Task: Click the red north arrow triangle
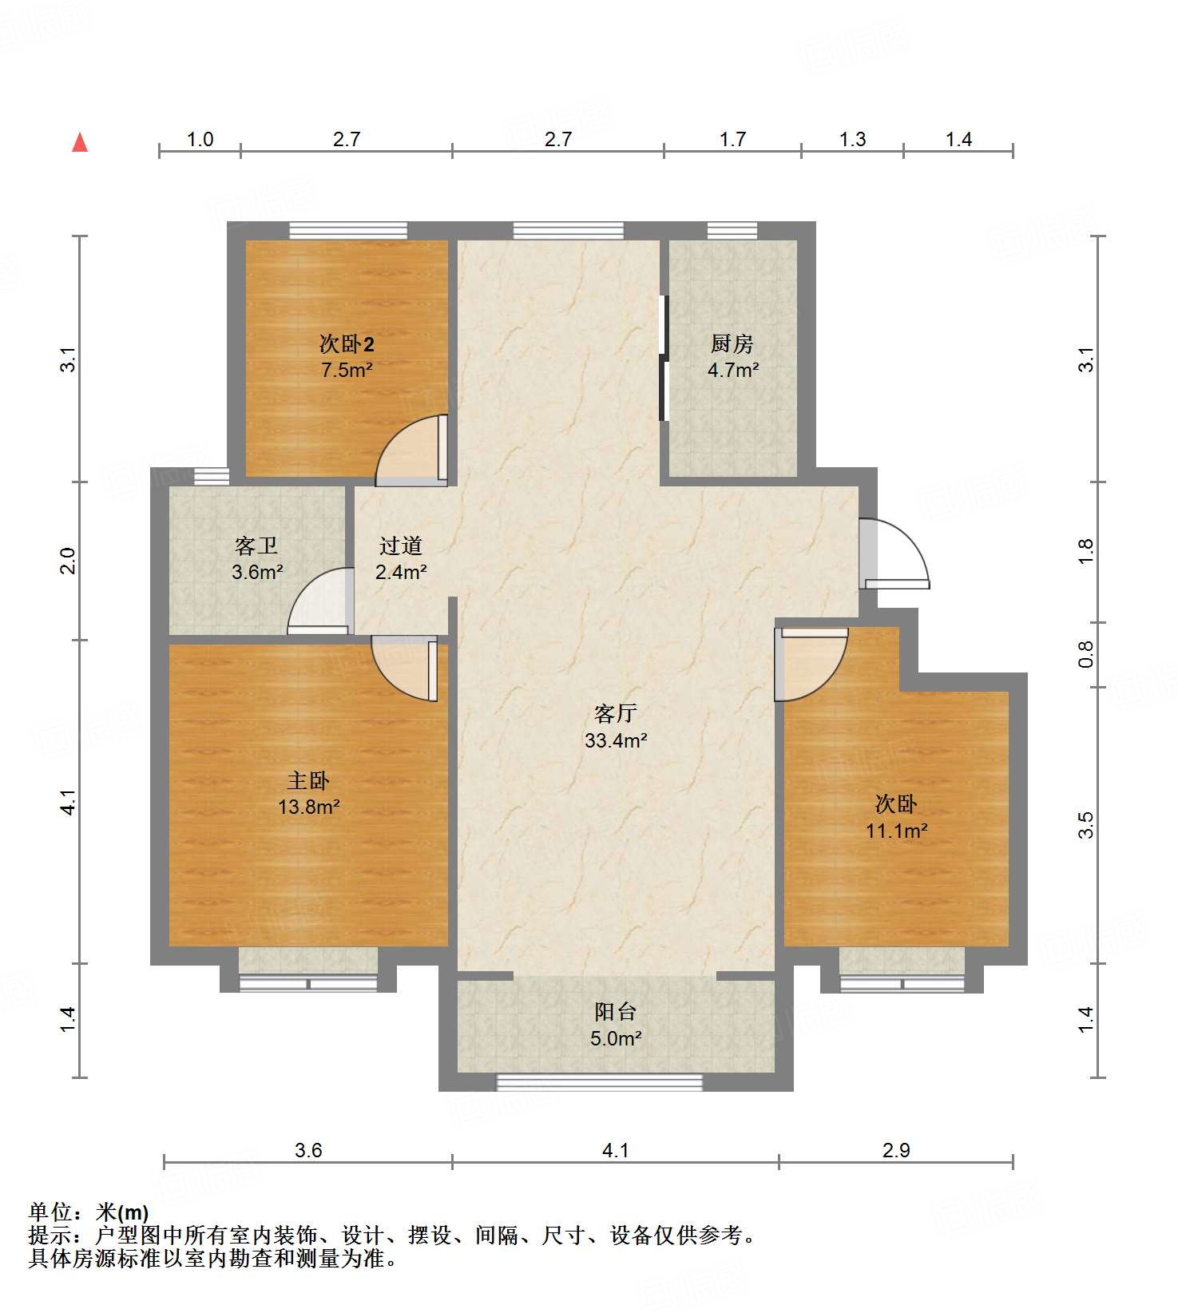pos(80,142)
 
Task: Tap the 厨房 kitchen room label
pos(732,344)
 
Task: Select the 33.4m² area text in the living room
pos(616,740)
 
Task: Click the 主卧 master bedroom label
pos(308,780)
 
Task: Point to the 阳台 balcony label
pos(616,1012)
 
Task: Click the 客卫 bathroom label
pos(256,546)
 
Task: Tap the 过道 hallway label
pos(401,546)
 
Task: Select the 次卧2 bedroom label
pos(347,344)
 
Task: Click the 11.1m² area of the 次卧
pos(896,831)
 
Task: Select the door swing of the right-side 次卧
pos(811,663)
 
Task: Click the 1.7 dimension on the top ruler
pos(732,140)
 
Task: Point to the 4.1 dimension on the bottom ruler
pos(615,1151)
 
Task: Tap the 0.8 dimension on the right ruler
pos(1085,655)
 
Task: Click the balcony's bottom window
pos(599,1082)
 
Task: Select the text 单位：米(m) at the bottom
pos(89,1213)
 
